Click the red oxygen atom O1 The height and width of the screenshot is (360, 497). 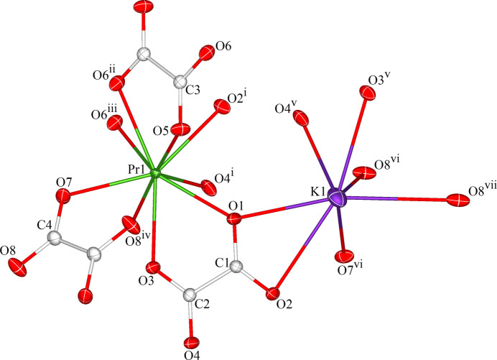(x=234, y=218)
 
